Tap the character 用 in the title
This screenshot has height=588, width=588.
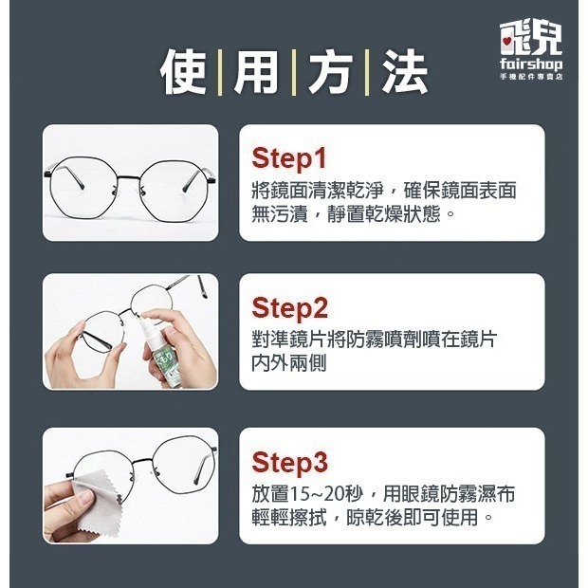(x=255, y=74)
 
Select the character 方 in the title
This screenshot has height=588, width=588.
(x=329, y=74)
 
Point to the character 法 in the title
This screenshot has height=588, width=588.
(x=404, y=74)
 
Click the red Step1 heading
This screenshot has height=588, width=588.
(x=288, y=157)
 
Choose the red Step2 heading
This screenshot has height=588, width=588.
(x=289, y=308)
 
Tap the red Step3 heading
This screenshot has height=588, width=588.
(x=289, y=463)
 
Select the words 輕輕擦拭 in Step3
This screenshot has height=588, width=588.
(x=289, y=518)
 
